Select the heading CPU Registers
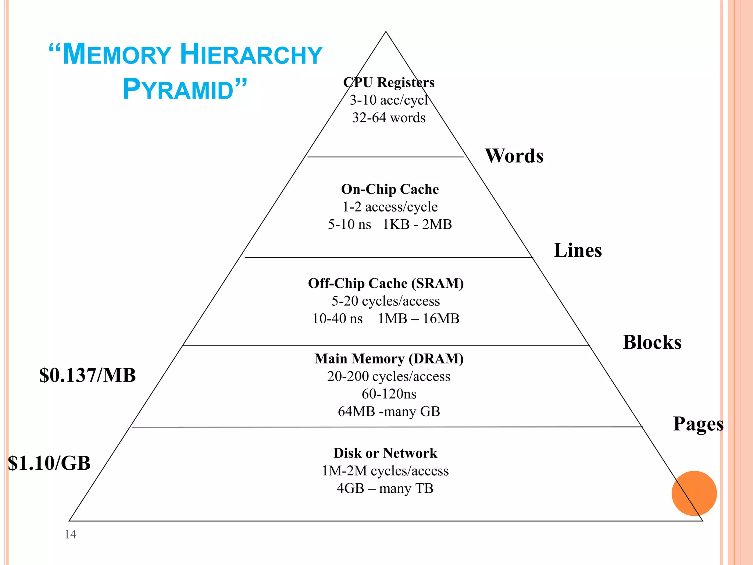point(389,82)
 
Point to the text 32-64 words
point(389,118)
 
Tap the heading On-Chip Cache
point(390,189)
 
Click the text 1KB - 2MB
point(417,224)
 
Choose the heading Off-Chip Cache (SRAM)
point(386,283)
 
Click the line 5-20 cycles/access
point(386,301)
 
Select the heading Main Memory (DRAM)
point(389,359)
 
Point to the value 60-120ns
point(389,394)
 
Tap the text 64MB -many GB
point(389,411)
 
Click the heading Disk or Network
point(385,453)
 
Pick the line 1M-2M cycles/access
point(385,471)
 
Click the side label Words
point(514,156)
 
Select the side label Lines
point(578,250)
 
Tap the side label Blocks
point(652,342)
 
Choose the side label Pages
point(698,424)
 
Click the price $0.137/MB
point(88,376)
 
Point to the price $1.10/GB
point(49,463)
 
